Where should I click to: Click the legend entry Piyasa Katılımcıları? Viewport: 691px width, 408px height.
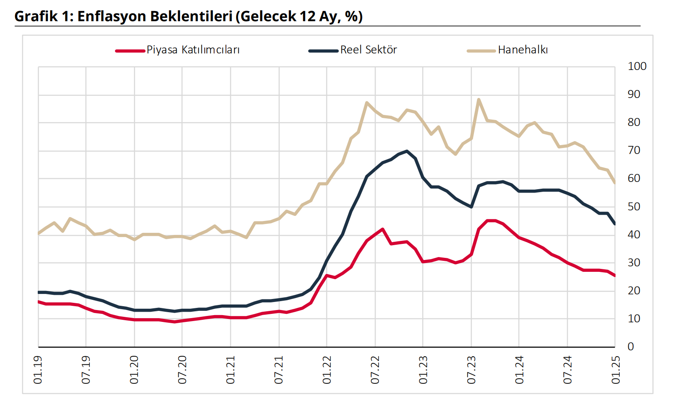(x=193, y=50)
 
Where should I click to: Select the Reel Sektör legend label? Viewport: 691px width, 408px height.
(x=368, y=50)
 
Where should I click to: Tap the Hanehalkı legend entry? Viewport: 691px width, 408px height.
(x=523, y=50)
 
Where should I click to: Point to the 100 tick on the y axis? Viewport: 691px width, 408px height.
(x=637, y=67)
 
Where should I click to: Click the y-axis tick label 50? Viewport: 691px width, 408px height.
(x=634, y=207)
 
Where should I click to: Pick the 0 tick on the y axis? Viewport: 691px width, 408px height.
(x=631, y=347)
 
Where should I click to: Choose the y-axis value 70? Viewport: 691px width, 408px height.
(x=634, y=151)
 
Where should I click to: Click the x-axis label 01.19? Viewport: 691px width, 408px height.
(x=38, y=370)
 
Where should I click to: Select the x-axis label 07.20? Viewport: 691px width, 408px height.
(x=182, y=370)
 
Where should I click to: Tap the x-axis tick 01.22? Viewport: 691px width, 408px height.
(x=327, y=370)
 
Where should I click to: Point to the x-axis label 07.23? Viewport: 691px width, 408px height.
(x=471, y=370)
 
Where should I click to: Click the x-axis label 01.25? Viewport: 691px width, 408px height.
(x=616, y=370)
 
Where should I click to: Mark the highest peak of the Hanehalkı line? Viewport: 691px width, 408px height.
(x=479, y=100)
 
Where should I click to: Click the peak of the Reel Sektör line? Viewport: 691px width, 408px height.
(x=407, y=151)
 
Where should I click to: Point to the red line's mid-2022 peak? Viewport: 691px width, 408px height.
(x=382, y=229)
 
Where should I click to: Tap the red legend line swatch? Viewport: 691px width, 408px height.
(x=130, y=51)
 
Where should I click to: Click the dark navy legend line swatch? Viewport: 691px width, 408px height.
(x=323, y=51)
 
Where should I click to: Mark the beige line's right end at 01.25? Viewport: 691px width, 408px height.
(x=615, y=182)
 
